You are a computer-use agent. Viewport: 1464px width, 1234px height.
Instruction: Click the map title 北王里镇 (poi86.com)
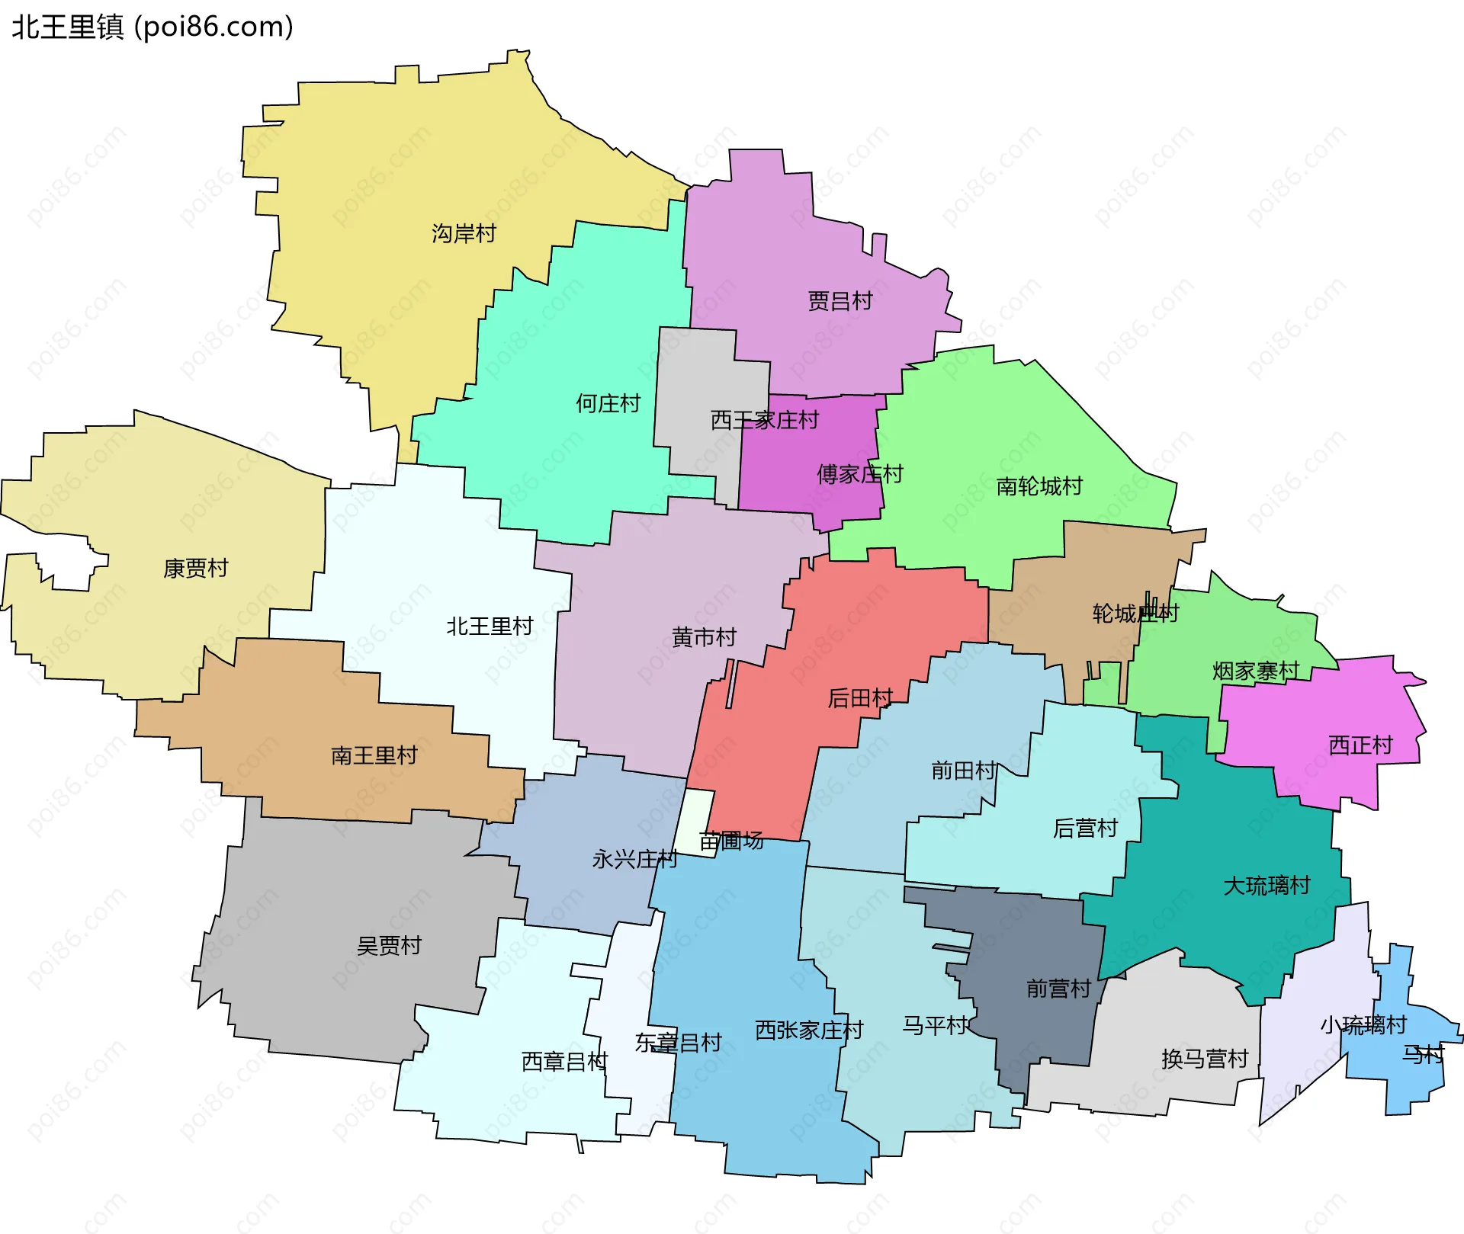tap(152, 27)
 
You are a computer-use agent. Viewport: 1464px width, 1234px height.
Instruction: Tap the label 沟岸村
tap(464, 233)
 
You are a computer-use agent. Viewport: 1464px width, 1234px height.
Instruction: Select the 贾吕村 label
tap(840, 301)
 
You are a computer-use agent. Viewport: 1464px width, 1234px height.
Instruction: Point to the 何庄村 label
tap(608, 403)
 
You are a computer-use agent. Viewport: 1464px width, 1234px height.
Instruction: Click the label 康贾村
tap(195, 568)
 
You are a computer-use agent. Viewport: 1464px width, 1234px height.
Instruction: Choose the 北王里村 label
tap(490, 627)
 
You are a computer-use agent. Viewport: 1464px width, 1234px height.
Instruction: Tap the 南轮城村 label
tap(1039, 486)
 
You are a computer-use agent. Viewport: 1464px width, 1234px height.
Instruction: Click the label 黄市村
tap(704, 637)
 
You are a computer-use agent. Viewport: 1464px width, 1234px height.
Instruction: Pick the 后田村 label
tap(860, 697)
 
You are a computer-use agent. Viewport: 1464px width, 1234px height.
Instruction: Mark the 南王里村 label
tap(374, 755)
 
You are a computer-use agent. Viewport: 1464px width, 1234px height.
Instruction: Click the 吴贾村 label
tap(389, 946)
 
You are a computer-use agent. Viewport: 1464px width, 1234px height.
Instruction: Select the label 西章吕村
tap(564, 1061)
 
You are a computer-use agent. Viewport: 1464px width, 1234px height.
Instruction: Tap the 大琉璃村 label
tap(1267, 886)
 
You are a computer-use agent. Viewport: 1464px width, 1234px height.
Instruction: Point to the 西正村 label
tap(1360, 745)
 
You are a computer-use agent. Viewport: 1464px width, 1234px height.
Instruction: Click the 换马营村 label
tap(1205, 1059)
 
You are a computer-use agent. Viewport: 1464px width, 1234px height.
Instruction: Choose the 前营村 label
tap(1058, 989)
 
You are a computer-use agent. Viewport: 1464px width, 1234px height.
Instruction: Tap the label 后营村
tap(1085, 828)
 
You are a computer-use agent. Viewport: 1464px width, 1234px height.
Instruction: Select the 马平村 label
tap(935, 1025)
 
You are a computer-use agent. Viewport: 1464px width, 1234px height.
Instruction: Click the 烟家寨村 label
tap(1255, 671)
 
